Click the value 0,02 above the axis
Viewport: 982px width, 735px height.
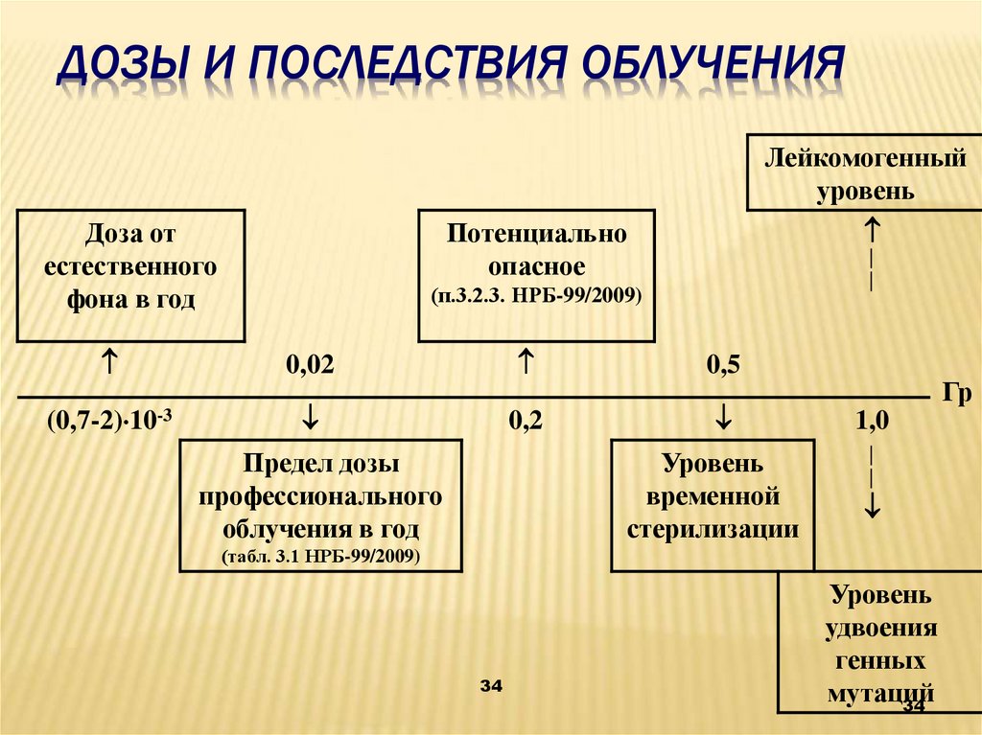(x=310, y=365)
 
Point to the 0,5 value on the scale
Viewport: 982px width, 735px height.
(x=723, y=365)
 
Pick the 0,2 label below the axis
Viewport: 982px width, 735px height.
(x=526, y=421)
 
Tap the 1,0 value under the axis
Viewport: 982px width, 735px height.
(x=872, y=421)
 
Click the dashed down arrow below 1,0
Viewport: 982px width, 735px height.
(x=872, y=479)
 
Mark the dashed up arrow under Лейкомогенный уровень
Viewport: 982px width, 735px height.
(x=872, y=251)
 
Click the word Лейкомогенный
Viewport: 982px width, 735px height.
(x=865, y=158)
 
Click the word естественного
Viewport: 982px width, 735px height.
(x=129, y=265)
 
